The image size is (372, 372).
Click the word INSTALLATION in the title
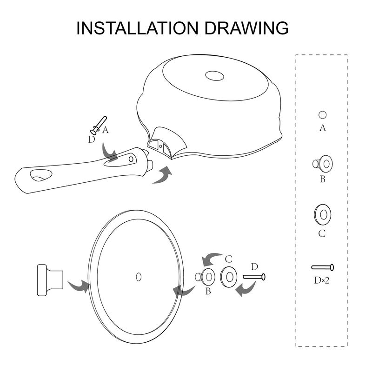137,28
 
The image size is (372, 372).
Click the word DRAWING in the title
246,28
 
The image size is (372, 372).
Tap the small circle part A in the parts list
322,115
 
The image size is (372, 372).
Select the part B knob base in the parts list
323,164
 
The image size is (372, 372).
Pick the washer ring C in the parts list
323,215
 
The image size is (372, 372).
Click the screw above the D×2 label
323,267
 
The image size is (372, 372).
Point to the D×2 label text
322,280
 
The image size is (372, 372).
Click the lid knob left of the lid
50,280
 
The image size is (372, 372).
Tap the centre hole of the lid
139,277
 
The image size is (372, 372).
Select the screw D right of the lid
254,277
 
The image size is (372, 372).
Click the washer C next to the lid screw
229,277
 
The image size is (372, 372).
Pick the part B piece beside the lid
205,277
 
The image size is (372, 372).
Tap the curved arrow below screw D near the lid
246,288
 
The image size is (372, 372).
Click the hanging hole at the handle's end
41,175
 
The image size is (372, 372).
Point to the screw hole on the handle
131,159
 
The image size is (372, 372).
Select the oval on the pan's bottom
214,76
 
